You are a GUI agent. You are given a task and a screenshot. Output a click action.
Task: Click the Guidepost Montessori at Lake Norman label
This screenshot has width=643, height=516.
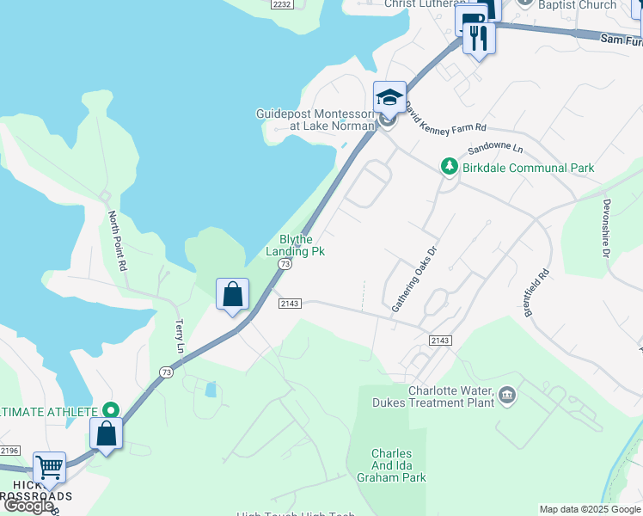pyautogui.click(x=315, y=120)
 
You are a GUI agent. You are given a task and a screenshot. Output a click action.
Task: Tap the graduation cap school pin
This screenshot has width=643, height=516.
pyautogui.click(x=389, y=97)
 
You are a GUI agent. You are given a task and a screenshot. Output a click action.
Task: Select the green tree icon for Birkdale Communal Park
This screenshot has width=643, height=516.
pyautogui.click(x=448, y=167)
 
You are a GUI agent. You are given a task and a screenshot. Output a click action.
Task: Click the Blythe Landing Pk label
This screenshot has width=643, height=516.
pyautogui.click(x=301, y=245)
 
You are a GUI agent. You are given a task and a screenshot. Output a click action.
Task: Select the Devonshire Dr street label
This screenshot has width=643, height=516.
pyautogui.click(x=607, y=229)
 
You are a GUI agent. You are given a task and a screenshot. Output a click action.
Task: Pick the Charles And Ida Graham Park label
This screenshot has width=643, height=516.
pyautogui.click(x=391, y=467)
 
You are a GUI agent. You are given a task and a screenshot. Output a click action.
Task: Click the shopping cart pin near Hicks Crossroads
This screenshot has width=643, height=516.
pyautogui.click(x=50, y=469)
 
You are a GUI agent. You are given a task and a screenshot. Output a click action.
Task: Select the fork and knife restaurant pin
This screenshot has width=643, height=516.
pyautogui.click(x=479, y=38)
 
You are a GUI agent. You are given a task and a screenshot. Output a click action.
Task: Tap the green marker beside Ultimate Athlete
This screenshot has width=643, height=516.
pyautogui.click(x=109, y=411)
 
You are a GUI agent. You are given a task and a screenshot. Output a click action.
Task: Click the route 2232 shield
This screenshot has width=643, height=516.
pyautogui.click(x=281, y=4)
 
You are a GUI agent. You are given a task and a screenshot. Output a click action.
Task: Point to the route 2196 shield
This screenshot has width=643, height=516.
pyautogui.click(x=9, y=451)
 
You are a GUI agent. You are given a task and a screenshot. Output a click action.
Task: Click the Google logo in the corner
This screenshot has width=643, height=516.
pyautogui.click(x=28, y=506)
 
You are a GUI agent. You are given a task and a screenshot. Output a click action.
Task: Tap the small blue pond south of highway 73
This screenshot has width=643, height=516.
pyautogui.click(x=211, y=390)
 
